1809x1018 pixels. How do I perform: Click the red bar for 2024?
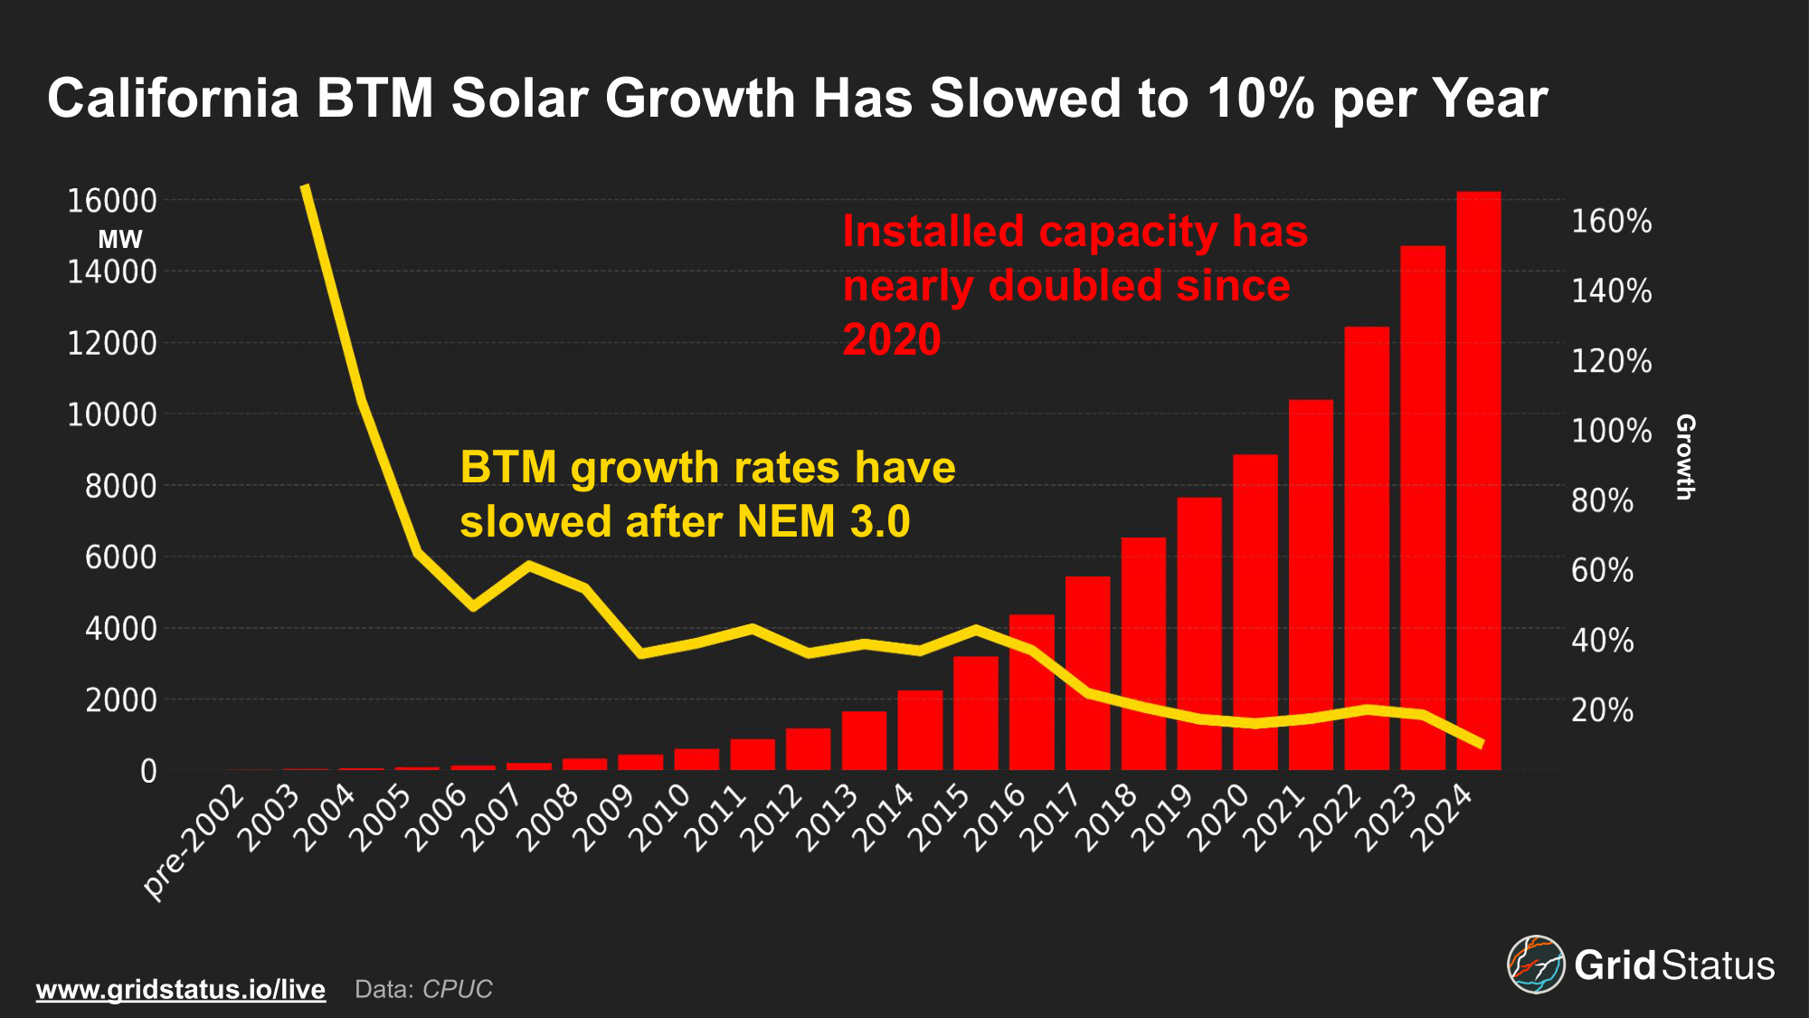tap(1478, 480)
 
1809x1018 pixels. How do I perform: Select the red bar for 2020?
tap(1255, 612)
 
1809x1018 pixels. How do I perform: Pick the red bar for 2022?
tap(1366, 547)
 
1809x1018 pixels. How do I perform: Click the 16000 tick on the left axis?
tap(112, 201)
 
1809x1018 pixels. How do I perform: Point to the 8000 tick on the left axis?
tap(120, 486)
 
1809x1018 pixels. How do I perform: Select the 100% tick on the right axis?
tap(1611, 431)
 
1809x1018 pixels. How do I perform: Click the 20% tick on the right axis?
tap(1602, 710)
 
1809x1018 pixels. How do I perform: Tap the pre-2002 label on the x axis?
tap(194, 842)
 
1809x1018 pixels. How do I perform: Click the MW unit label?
tap(120, 240)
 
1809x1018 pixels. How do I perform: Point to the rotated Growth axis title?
tap(1684, 457)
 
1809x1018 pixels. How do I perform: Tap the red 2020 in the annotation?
tap(892, 340)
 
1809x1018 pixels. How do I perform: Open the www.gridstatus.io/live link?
tap(181, 989)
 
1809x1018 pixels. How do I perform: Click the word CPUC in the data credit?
tap(458, 989)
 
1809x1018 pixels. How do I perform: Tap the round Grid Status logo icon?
tap(1535, 964)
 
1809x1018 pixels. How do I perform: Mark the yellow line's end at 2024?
tap(1481, 744)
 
